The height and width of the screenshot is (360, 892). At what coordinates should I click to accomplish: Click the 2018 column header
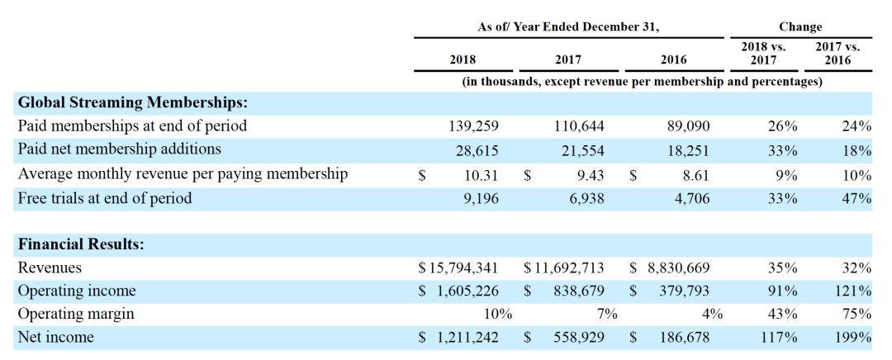pos(463,59)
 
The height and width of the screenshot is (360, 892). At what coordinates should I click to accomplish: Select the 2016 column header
pos(674,59)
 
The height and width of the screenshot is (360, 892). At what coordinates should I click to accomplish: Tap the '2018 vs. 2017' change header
pos(764,54)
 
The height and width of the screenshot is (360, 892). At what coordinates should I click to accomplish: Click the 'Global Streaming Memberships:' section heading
pos(133,103)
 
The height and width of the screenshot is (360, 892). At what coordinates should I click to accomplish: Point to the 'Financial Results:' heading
pos(81,244)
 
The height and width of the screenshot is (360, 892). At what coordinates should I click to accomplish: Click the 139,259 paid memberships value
pos(474,126)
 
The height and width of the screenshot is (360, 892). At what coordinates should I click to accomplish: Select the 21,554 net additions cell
pos(579,149)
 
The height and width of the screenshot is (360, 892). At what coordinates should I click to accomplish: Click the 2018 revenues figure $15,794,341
pos(458,268)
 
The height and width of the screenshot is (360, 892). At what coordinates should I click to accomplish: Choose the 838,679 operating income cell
pos(579,291)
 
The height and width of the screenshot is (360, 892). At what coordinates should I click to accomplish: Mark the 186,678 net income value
pos(685,337)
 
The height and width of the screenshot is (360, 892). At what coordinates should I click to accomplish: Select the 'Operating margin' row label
pos(76,314)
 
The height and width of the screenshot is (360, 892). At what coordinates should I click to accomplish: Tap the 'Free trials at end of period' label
pos(105,198)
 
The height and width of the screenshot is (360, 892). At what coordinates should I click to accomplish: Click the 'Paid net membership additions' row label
pos(120,149)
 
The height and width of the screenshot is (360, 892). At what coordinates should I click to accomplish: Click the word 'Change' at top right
pos(800,26)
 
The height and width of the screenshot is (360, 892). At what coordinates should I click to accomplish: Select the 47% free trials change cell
pos(856,198)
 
